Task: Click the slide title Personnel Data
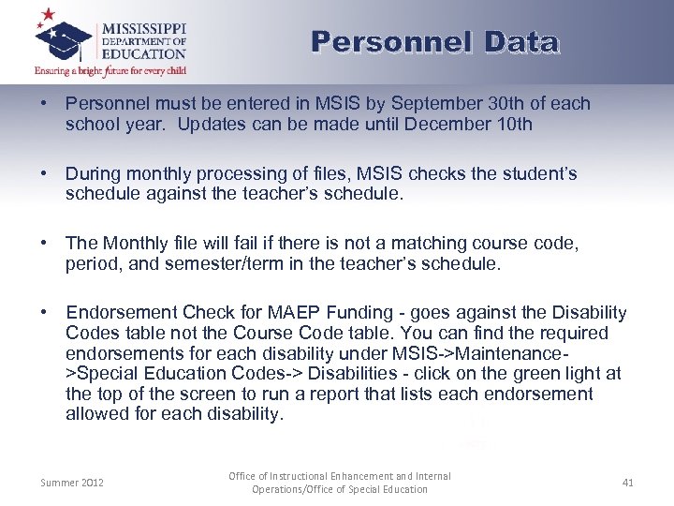coord(435,43)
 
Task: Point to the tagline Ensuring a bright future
coord(110,70)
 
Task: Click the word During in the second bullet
coord(92,173)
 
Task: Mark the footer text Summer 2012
coord(72,483)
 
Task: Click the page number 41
coord(627,483)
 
